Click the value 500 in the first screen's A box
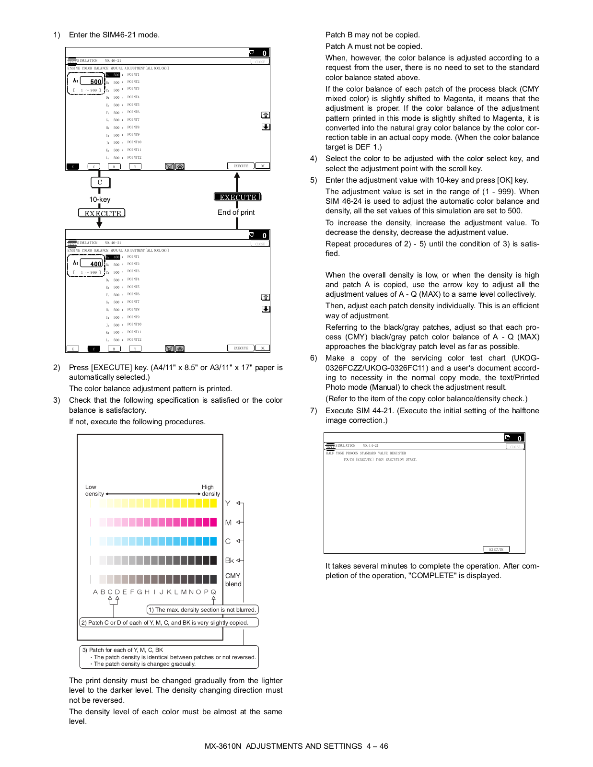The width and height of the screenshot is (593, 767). tap(95, 81)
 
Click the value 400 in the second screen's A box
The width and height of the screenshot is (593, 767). tap(95, 264)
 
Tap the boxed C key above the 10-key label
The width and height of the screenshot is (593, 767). tap(100, 182)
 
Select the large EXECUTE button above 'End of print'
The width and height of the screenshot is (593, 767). tap(237, 197)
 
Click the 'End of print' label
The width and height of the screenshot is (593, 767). tap(236, 212)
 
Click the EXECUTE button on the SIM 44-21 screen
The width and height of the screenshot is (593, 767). tap(496, 549)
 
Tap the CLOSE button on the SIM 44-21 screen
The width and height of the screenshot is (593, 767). tap(515, 446)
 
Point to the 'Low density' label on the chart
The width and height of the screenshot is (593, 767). tap(94, 490)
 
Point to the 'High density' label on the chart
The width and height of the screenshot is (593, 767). tap(210, 490)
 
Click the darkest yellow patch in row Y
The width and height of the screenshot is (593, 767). tap(213, 503)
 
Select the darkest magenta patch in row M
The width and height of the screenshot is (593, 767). tap(213, 522)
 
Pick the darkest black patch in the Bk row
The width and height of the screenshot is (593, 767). tap(213, 560)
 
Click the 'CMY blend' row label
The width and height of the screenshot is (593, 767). tap(233, 580)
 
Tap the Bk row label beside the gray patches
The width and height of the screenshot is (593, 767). tap(229, 560)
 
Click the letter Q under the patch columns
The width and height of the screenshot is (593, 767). tap(213, 592)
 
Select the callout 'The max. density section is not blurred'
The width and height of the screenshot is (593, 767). tap(202, 610)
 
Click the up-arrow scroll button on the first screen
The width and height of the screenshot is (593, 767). tap(266, 115)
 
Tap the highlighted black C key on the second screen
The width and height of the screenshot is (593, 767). tap(93, 349)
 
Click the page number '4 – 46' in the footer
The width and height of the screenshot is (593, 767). tap(377, 746)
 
